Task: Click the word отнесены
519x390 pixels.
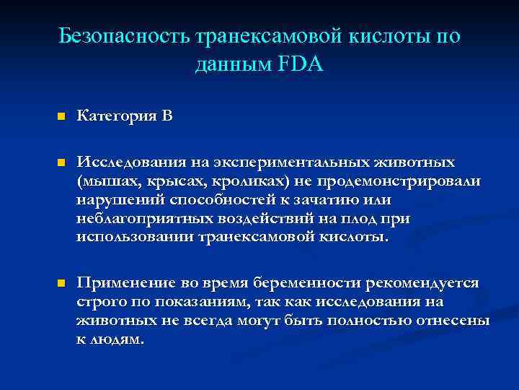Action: (455, 320)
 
